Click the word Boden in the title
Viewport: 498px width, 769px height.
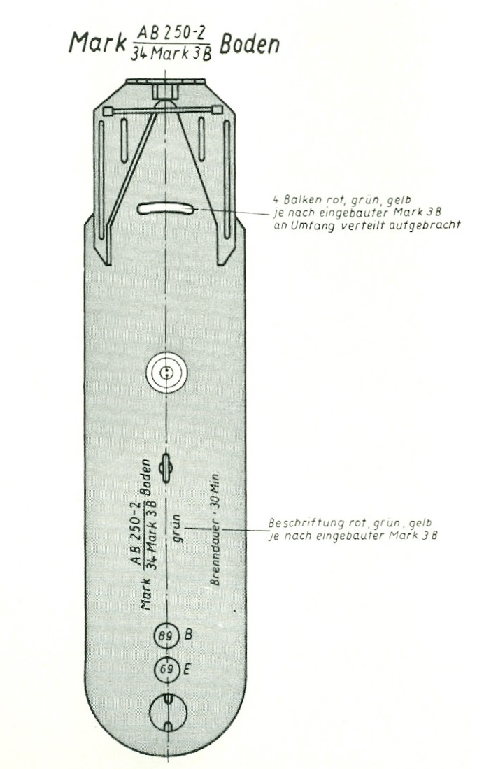click(249, 45)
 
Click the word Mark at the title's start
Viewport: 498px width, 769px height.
click(97, 43)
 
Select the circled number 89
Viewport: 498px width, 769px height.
click(166, 636)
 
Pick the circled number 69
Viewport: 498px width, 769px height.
click(167, 669)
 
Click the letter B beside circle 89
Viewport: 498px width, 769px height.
click(188, 635)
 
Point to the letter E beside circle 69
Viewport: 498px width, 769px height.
click(187, 668)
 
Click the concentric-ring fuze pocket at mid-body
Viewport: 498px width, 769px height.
click(167, 372)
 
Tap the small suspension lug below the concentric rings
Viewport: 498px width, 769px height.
click(166, 468)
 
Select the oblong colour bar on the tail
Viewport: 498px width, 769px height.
click(165, 208)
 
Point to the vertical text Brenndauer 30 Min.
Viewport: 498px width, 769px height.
click(215, 530)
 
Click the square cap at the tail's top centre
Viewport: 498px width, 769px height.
click(165, 92)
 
